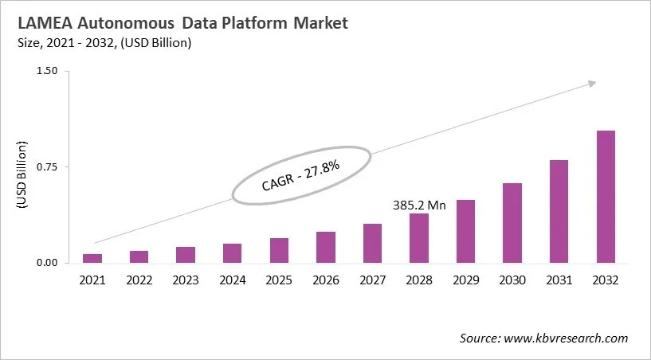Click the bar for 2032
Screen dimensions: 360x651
click(606, 197)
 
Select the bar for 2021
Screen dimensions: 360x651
click(92, 258)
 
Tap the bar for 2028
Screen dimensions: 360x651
click(419, 238)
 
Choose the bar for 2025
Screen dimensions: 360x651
click(279, 250)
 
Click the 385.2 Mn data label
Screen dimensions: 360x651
click(419, 205)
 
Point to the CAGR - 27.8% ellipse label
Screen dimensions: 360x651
click(301, 174)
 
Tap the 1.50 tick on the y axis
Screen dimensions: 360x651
click(47, 72)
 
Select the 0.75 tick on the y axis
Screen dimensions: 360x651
click(47, 167)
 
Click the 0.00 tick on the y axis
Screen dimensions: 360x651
click(47, 263)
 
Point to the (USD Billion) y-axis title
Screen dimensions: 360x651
click(22, 174)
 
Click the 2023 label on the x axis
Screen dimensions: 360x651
click(186, 280)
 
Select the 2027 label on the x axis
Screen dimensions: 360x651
click(372, 280)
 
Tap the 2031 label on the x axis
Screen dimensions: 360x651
click(559, 280)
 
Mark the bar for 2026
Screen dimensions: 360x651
click(326, 247)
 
